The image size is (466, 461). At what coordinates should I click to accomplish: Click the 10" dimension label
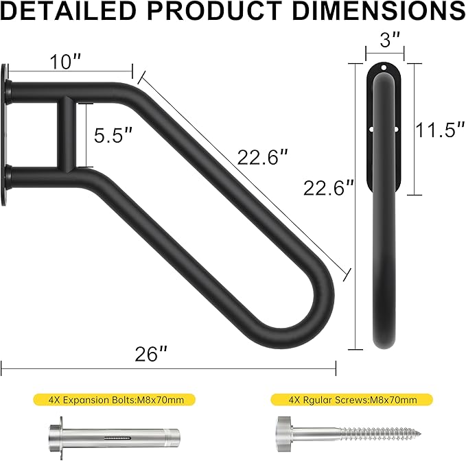pyautogui.click(x=65, y=62)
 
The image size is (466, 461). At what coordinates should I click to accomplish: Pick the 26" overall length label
pyautogui.click(x=151, y=354)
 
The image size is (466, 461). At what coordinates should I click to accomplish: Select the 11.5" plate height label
pyautogui.click(x=436, y=130)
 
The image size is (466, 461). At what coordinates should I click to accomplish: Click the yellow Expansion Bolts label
pyautogui.click(x=114, y=399)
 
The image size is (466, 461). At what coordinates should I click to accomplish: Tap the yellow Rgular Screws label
pyautogui.click(x=351, y=399)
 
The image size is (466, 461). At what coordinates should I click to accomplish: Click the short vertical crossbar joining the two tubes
pyautogui.click(x=68, y=134)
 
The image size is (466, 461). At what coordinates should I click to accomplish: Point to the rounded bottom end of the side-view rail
pyautogui.click(x=384, y=340)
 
